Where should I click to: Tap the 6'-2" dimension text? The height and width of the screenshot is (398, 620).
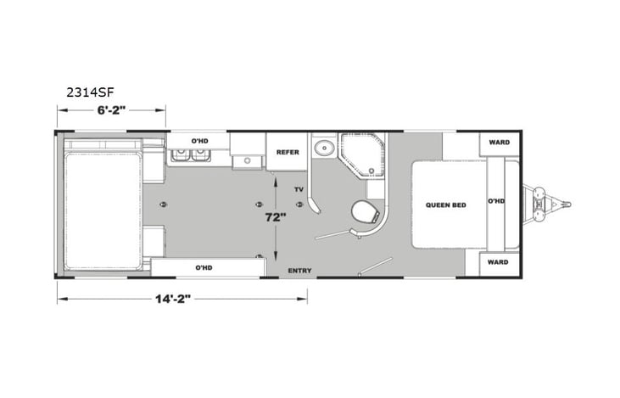pos(110,109)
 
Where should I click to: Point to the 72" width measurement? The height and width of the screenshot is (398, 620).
pos(273,216)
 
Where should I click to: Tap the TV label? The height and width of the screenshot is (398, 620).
pos(299,188)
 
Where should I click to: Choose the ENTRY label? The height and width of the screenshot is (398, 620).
pos(299,271)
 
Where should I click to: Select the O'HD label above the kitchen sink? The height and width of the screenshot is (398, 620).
pos(199,141)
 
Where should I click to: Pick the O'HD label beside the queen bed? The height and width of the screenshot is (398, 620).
pos(495,202)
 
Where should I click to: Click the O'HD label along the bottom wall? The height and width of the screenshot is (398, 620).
pos(204,267)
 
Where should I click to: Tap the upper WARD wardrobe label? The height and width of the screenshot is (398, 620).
pos(500,143)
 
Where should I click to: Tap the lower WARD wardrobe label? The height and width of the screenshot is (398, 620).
pos(500,262)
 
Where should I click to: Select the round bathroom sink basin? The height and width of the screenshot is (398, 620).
pos(323,150)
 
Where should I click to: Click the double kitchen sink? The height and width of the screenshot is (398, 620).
pos(190,155)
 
